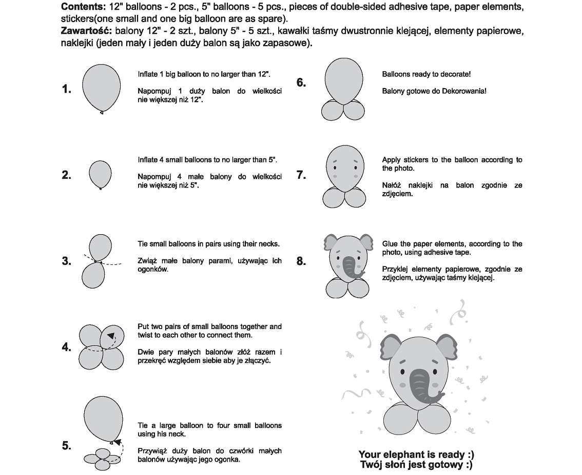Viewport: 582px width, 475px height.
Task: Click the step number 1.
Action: pyautogui.click(x=66, y=89)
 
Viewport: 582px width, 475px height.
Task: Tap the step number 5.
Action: pyautogui.click(x=66, y=445)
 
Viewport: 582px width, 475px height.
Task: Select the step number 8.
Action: pyautogui.click(x=301, y=261)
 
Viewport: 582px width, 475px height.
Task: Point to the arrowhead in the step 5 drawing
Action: pyautogui.click(x=117, y=442)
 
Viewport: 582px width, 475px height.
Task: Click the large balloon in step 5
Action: pyautogui.click(x=103, y=418)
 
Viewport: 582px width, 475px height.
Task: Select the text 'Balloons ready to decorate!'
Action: pyautogui.click(x=426, y=74)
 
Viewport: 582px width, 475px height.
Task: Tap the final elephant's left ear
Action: pyautogui.click(x=391, y=346)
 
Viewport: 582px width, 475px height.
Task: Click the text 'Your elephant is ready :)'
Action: pyautogui.click(x=416, y=455)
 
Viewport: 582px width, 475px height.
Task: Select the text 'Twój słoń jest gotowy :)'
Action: pyautogui.click(x=416, y=465)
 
